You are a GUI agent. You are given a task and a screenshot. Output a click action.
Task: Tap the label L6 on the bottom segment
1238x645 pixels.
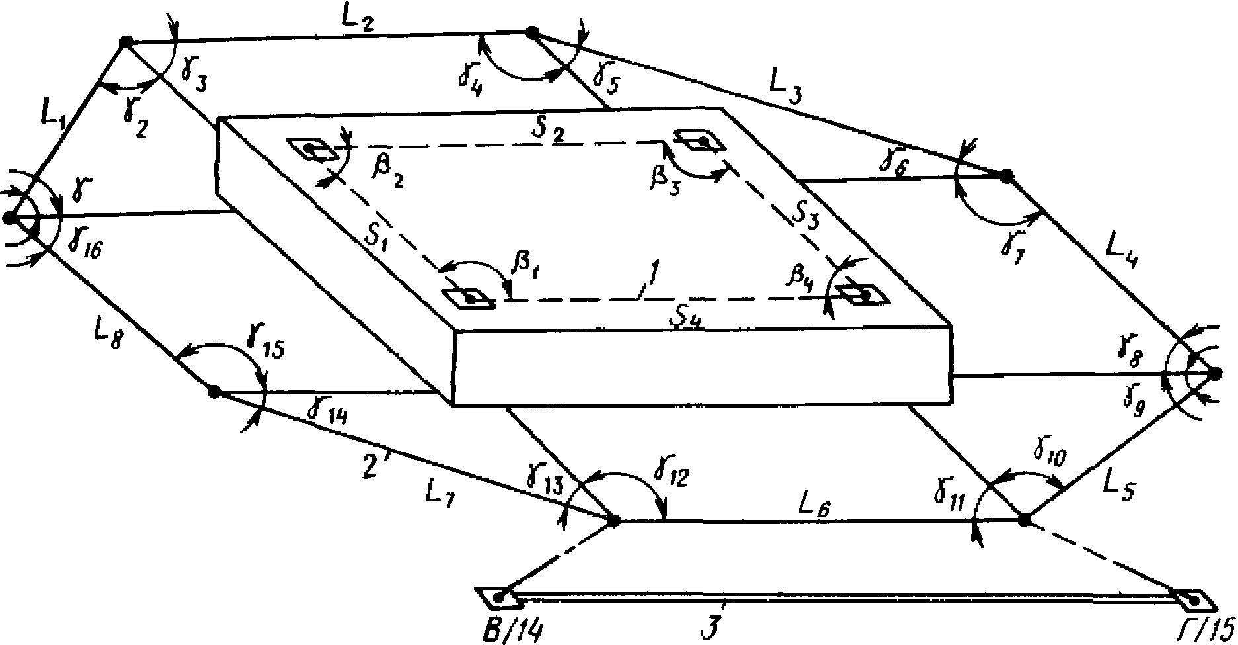point(814,505)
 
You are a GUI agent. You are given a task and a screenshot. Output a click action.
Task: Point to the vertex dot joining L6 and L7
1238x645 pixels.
point(613,521)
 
